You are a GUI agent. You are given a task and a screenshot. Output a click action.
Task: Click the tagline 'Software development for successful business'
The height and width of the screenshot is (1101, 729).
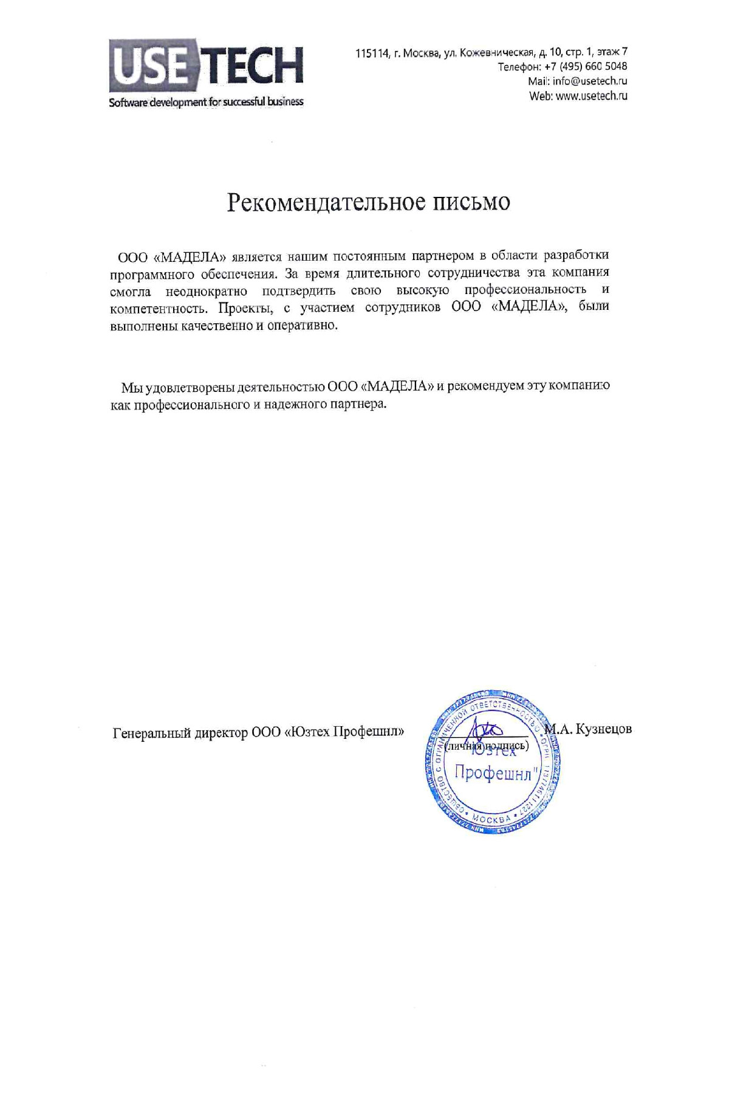[x=206, y=102]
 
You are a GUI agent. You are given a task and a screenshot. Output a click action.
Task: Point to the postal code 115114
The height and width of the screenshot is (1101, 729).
[x=371, y=53]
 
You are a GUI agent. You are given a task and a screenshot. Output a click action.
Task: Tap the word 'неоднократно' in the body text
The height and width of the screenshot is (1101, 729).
[x=206, y=290]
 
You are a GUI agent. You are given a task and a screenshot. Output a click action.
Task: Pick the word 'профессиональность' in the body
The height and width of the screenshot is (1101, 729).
[x=525, y=289]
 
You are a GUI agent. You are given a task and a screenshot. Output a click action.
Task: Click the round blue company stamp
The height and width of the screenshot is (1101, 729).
[x=492, y=762]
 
